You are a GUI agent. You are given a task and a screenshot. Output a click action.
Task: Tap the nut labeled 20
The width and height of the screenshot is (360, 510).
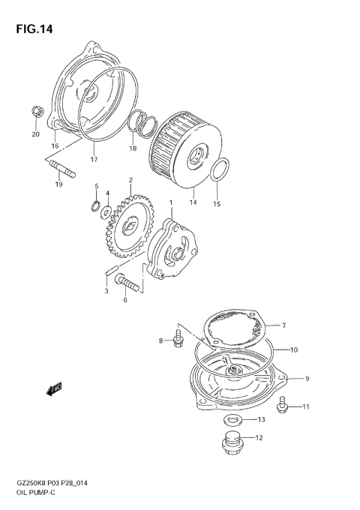click(36, 112)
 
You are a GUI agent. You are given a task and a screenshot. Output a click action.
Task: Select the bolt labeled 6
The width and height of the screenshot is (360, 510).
click(130, 284)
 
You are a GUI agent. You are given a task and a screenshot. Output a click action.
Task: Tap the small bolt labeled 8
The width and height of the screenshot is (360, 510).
click(178, 341)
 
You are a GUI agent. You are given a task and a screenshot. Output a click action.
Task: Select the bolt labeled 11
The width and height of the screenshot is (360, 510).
click(283, 406)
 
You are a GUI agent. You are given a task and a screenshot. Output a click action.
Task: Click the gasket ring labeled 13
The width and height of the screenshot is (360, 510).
click(232, 418)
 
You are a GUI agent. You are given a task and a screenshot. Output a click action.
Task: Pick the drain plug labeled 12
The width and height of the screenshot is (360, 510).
click(232, 443)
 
